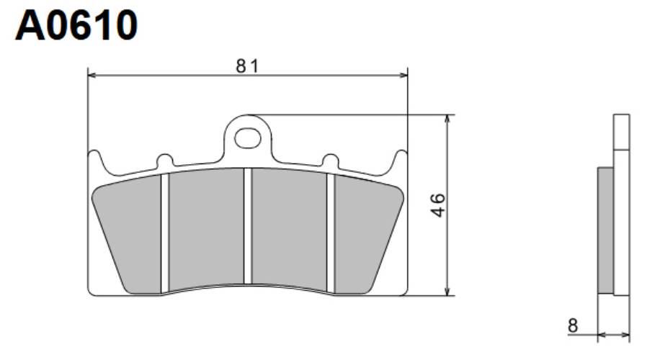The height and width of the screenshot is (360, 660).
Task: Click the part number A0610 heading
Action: coord(76,25)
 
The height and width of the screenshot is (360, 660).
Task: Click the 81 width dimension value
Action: coord(248,66)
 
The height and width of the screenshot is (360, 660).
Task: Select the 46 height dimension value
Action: coord(438,205)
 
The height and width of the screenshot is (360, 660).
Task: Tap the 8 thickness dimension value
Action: coord(572,325)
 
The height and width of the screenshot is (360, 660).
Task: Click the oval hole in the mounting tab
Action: coord(248,138)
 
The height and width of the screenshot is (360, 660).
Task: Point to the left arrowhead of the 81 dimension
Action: coord(92,76)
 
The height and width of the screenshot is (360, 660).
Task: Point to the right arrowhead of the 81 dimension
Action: coord(403,76)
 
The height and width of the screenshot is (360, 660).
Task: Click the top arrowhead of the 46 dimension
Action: coord(448,119)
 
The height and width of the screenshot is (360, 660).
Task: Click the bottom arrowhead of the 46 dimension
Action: coord(448,291)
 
